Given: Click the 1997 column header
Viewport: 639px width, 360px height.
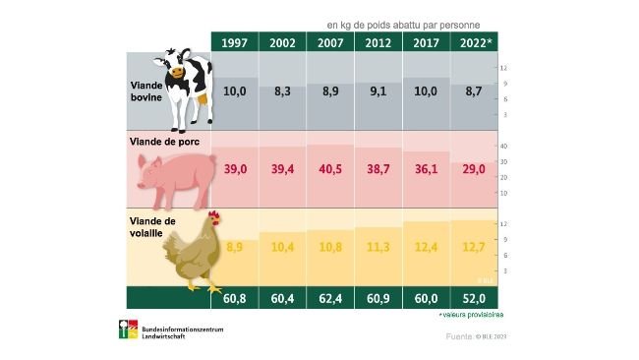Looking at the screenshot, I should pyautogui.click(x=235, y=42).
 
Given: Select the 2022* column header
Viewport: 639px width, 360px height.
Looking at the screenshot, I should pyautogui.click(x=475, y=42).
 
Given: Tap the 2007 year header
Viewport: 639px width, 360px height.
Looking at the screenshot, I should pyautogui.click(x=330, y=42).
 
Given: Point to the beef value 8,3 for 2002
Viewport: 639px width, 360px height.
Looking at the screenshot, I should pyautogui.click(x=283, y=90).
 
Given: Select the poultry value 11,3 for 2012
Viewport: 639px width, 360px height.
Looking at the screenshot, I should pyautogui.click(x=378, y=246).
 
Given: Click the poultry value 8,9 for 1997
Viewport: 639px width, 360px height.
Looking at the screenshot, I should pyautogui.click(x=235, y=246).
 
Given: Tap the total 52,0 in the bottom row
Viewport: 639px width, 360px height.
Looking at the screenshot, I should pyautogui.click(x=474, y=297).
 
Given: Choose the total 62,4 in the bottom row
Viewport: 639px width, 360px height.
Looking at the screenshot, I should pyautogui.click(x=330, y=297).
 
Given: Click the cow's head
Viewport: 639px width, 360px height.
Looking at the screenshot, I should pyautogui.click(x=178, y=68).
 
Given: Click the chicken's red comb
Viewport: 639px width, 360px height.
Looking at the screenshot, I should pyautogui.click(x=213, y=216).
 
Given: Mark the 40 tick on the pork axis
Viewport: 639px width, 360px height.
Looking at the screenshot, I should pyautogui.click(x=502, y=147).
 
